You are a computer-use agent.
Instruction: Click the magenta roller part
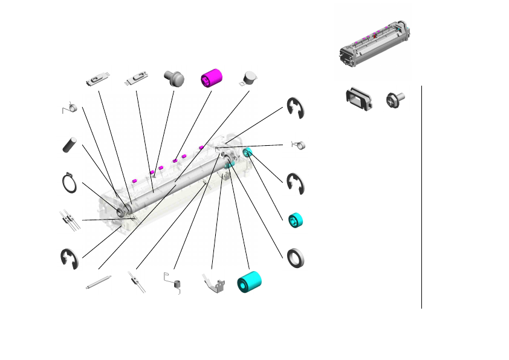212,77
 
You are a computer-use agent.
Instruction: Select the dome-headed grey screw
173,79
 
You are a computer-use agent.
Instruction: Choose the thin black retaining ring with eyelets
70,182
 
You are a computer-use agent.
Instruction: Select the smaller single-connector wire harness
136,283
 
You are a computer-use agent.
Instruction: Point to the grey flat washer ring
296,257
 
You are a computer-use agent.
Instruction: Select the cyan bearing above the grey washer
296,220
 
